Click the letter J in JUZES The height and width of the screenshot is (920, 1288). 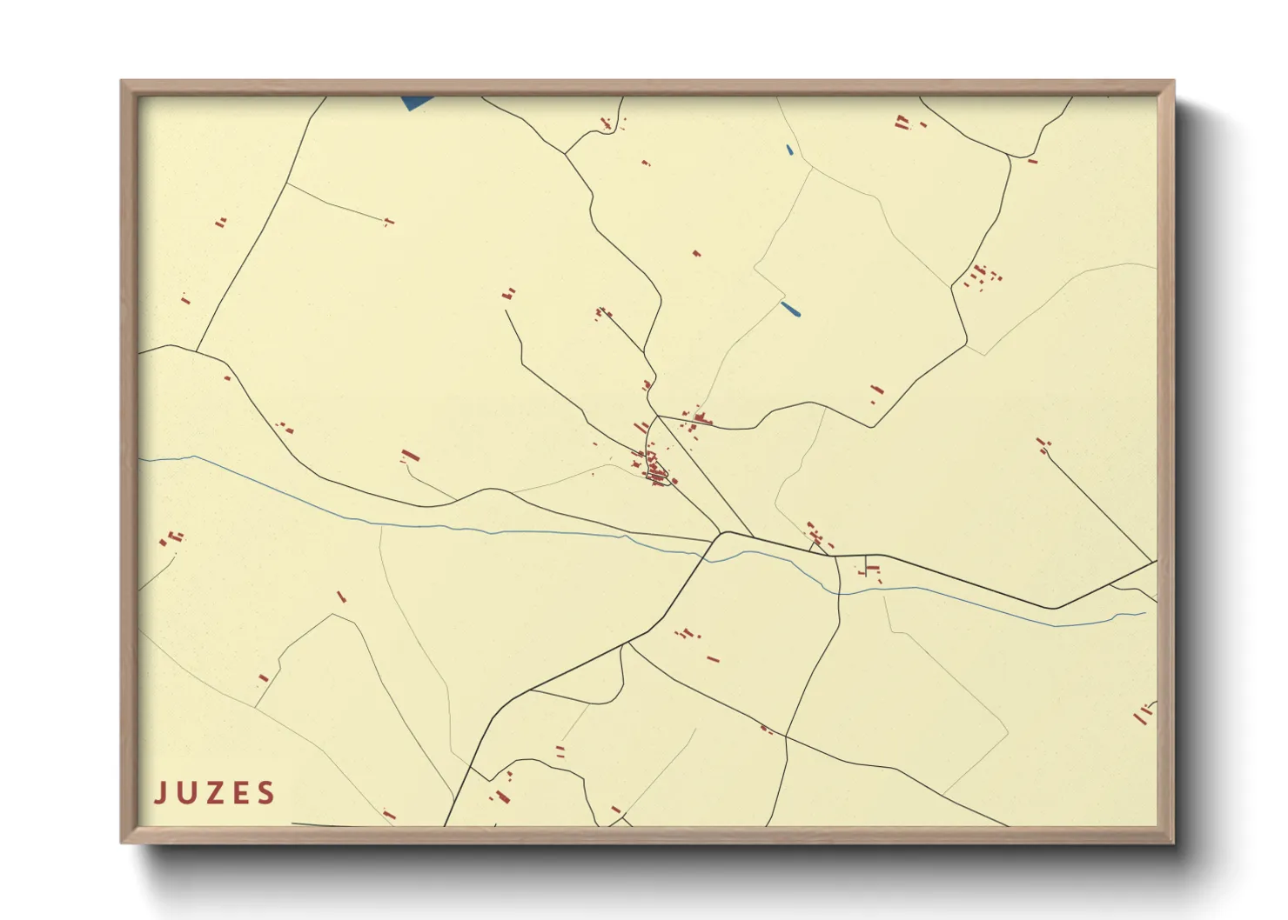tap(160, 793)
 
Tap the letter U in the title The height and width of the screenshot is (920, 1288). tap(187, 793)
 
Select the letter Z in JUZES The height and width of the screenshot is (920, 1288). tap(213, 793)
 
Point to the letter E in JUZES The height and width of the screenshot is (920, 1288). tap(239, 793)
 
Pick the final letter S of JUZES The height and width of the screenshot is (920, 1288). tap(265, 793)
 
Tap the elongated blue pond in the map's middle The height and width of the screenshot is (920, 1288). tap(791, 309)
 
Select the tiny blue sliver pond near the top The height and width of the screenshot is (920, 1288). tap(789, 150)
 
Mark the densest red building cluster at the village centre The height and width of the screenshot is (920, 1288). tap(658, 472)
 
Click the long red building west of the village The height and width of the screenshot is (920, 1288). tap(410, 456)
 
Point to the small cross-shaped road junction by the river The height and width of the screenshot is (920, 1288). tap(868, 570)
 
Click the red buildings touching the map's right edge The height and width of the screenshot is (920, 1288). tap(1144, 715)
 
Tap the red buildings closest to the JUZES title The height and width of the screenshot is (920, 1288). tap(389, 816)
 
